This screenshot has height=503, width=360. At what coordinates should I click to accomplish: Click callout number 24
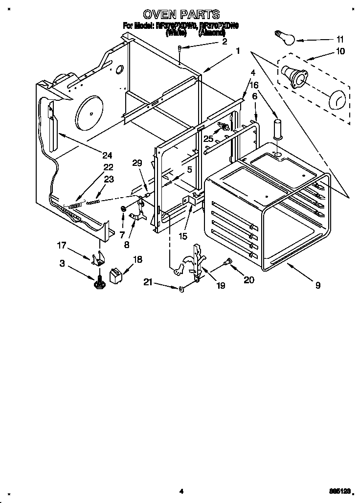click(107, 156)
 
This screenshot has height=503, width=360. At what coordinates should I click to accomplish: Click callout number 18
click(138, 260)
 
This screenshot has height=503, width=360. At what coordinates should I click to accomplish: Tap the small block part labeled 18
click(116, 275)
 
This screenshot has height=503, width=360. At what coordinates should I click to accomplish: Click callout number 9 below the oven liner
click(318, 285)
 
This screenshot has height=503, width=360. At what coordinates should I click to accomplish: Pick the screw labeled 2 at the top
click(180, 48)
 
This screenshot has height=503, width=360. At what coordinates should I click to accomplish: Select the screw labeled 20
click(226, 263)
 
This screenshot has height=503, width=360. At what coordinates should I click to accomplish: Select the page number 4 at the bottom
click(181, 491)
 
